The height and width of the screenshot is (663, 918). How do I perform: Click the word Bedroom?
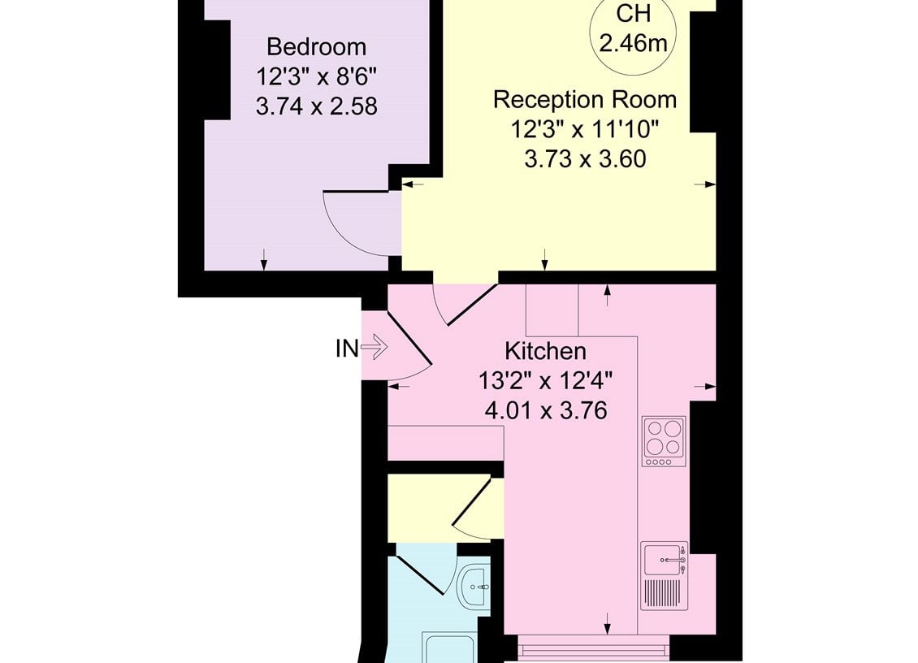[x=316, y=46]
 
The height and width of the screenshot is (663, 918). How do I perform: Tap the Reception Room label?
[x=585, y=100]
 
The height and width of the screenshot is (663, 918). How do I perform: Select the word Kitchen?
[x=546, y=351]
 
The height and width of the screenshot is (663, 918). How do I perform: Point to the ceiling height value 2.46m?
[x=634, y=43]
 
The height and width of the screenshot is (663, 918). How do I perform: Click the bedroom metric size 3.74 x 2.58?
[x=316, y=106]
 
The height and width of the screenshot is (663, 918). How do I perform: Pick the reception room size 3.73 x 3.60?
[x=585, y=159]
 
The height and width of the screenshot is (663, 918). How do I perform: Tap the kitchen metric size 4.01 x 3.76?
[x=546, y=410]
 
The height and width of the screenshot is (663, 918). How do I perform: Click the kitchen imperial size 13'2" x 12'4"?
[x=546, y=381]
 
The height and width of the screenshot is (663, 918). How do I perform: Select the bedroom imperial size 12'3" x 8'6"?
[x=316, y=76]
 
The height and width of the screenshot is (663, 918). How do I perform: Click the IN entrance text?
[x=347, y=349]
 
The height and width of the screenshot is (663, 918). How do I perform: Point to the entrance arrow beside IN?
[x=375, y=347]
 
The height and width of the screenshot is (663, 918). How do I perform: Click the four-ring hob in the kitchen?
[x=664, y=442]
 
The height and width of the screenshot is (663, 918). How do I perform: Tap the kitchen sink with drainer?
[x=664, y=576]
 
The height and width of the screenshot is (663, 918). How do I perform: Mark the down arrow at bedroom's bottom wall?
[x=264, y=259]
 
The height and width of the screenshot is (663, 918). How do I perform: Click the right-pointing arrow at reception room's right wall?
[x=705, y=184]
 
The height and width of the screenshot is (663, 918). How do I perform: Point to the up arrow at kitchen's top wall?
[x=607, y=295]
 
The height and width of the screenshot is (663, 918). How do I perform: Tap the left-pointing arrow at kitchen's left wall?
[x=399, y=387]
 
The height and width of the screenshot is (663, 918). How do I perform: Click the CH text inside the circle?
[x=634, y=14]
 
